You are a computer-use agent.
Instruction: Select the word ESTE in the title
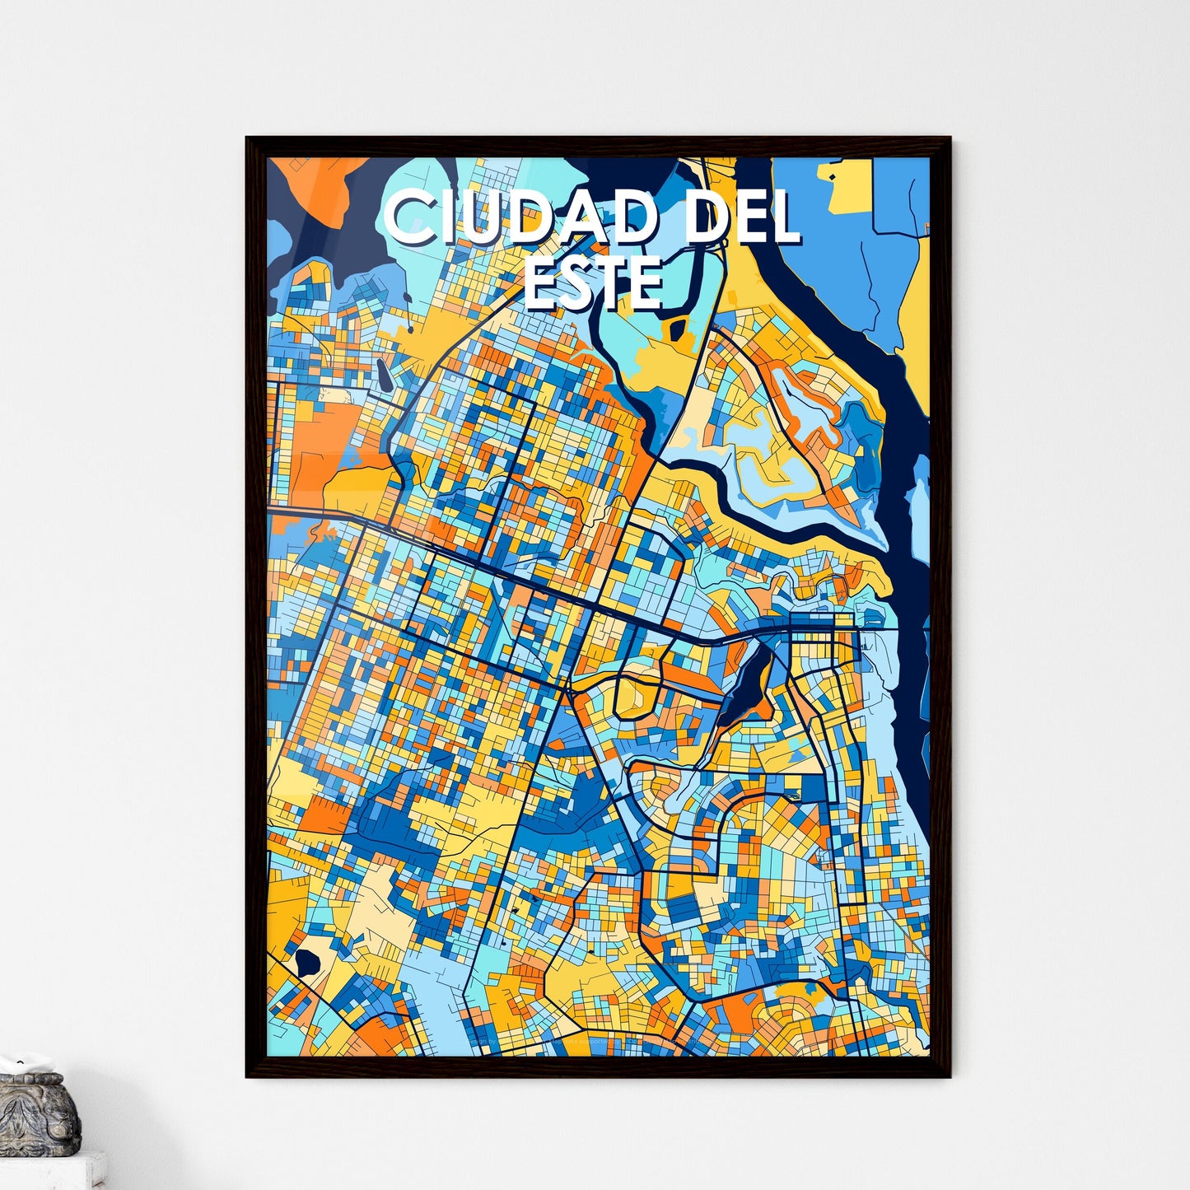tap(593, 282)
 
